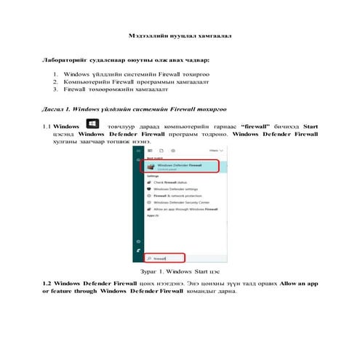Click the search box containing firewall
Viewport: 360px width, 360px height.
164,258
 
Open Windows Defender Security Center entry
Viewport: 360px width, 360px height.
179,203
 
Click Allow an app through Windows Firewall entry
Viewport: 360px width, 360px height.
181,209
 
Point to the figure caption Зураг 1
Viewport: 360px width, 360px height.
180,271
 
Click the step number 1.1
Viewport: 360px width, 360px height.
47,126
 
